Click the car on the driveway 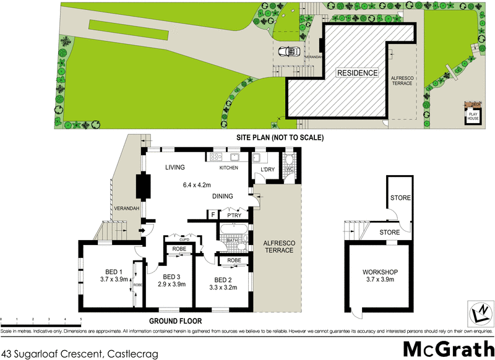point(288,52)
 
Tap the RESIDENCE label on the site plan point(356,73)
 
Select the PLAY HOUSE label point(473,116)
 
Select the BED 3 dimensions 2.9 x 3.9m point(170,284)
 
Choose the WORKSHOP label point(380,272)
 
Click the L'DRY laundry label point(267,169)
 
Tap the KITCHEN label point(228,168)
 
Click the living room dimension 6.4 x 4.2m point(197,184)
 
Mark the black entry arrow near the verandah point(144,231)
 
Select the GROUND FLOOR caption point(176,321)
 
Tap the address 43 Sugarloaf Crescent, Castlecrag point(80,353)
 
